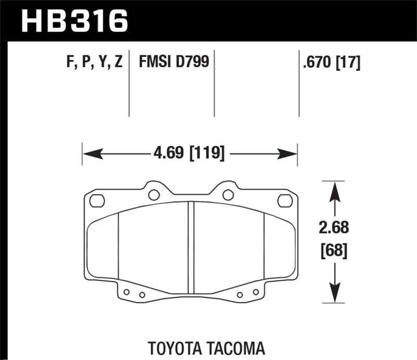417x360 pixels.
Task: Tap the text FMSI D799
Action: (x=174, y=63)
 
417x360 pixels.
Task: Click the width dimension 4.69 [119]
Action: (x=190, y=154)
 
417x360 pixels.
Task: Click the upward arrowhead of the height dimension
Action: (x=334, y=190)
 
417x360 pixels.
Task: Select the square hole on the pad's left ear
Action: (x=97, y=200)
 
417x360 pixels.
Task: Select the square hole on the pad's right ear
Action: (x=285, y=200)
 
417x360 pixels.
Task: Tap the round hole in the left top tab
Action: (x=154, y=195)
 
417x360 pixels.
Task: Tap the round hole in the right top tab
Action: (x=228, y=195)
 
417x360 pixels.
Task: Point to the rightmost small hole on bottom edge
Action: (x=255, y=292)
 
